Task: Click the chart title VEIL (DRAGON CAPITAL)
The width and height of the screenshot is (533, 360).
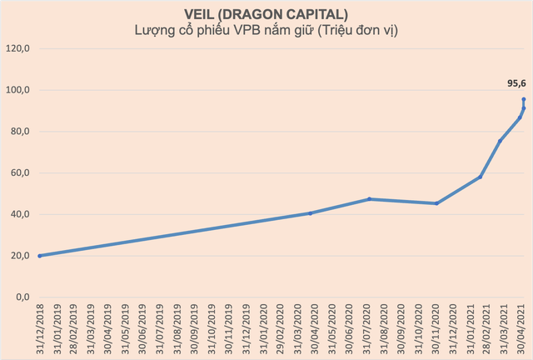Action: coord(266,14)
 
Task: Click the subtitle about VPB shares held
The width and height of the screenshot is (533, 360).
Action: coord(266,31)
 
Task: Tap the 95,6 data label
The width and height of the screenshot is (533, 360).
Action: coord(517,83)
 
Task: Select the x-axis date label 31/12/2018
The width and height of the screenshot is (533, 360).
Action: coord(39,329)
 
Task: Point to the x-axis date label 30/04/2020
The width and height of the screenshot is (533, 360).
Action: coord(310,329)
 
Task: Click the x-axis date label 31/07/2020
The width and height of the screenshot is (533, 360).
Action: coord(369,329)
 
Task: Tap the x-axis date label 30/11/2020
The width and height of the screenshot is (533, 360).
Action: coord(437,329)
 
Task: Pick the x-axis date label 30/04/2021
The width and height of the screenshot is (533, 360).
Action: coord(522,329)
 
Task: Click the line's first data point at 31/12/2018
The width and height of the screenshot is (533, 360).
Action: coord(39,256)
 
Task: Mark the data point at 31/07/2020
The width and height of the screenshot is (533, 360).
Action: coord(369,199)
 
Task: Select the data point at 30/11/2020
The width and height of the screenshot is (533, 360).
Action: coord(436,203)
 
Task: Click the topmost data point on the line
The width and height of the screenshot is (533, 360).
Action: coord(524,99)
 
